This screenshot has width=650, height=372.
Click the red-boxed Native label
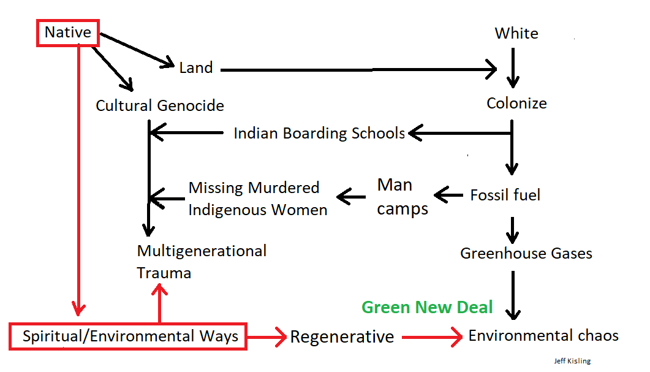pos(68,32)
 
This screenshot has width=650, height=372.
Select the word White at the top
pos(516,33)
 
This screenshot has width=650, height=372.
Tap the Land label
pos(196,67)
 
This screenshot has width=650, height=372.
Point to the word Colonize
pos(516,103)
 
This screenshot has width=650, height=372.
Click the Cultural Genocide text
pos(160,105)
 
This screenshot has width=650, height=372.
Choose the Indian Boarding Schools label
pos(319,133)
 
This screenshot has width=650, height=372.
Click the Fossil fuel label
pos(505,195)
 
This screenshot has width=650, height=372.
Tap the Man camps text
pos(402,197)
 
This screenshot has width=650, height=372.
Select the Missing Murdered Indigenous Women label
pos(257,199)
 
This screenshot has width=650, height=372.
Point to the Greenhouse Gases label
pos(526,253)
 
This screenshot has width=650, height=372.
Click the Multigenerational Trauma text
pos(202,261)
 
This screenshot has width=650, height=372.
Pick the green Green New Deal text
pos(427,307)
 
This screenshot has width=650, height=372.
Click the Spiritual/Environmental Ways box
pos(130,336)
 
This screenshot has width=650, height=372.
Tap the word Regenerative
pos(342,336)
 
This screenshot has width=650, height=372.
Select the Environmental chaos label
pos(543,336)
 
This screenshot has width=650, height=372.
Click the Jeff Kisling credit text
pos(571,361)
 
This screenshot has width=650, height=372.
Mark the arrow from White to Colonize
pos(513,67)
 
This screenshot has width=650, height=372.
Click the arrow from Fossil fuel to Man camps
pos(449,195)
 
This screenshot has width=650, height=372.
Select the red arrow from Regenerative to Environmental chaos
pos(432,336)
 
